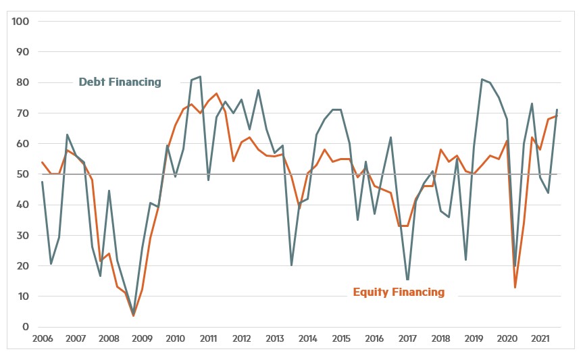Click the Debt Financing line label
(120, 82)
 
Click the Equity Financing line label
(399, 292)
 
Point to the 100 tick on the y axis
(20, 22)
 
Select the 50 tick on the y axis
(23, 174)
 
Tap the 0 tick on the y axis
(26, 327)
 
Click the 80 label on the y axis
(23, 82)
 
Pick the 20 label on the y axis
(23, 266)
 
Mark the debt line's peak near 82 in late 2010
(200, 77)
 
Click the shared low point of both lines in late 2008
(134, 315)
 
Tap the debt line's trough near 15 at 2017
(407, 280)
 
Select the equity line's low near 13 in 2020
(515, 288)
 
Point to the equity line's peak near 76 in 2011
(216, 94)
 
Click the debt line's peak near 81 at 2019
(482, 80)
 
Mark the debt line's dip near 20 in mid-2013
(291, 265)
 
